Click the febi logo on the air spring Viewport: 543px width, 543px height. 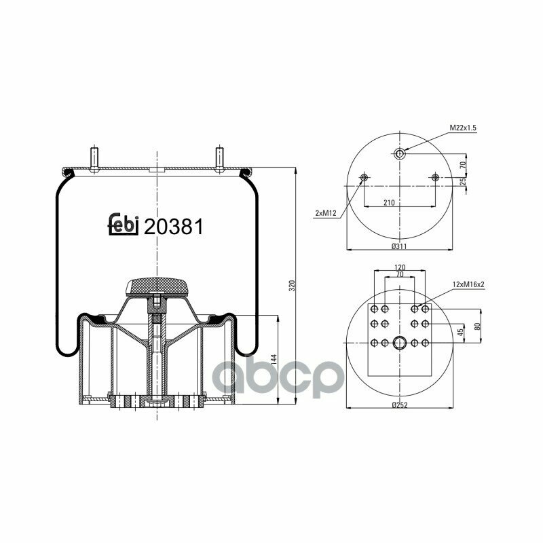[124, 224]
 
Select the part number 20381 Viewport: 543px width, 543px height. [173, 227]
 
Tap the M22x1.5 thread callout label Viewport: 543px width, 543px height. [463, 128]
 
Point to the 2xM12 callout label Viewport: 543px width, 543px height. [326, 213]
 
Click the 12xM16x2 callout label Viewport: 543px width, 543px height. [468, 284]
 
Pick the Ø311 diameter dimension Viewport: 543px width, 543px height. [399, 246]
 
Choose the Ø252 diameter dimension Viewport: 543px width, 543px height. [400, 405]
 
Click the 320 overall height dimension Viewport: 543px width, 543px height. [292, 285]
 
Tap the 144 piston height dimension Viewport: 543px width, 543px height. [274, 360]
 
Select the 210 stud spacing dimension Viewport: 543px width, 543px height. [389, 202]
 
